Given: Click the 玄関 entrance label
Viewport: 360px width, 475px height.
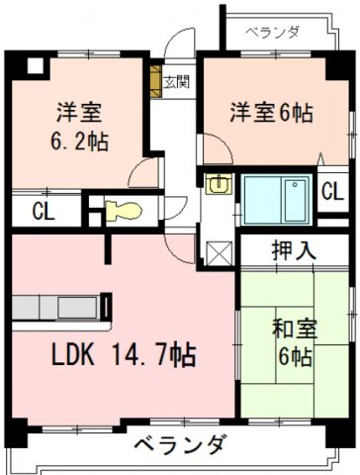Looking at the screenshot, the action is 177,81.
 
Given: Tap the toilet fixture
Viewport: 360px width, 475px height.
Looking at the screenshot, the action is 124,211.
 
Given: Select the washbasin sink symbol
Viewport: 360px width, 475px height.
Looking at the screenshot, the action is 220,183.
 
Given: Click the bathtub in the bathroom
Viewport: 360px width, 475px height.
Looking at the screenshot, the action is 297,201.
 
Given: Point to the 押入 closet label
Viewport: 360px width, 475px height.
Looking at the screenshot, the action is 294,250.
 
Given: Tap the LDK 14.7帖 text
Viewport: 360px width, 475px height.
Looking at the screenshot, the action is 124,354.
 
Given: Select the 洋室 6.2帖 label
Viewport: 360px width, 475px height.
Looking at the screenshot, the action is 79,127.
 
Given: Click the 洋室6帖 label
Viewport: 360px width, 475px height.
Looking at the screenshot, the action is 271,113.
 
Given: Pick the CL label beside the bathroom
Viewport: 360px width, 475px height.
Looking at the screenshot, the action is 332,191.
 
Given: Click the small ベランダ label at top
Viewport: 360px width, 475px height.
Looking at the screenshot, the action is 273,32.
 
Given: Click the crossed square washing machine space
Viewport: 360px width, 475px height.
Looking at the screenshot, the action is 220,253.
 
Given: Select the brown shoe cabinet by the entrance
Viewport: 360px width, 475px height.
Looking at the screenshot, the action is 156,81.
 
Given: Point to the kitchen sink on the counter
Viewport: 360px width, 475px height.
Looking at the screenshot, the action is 78,308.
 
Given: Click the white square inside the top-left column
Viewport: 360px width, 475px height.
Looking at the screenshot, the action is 36,65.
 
